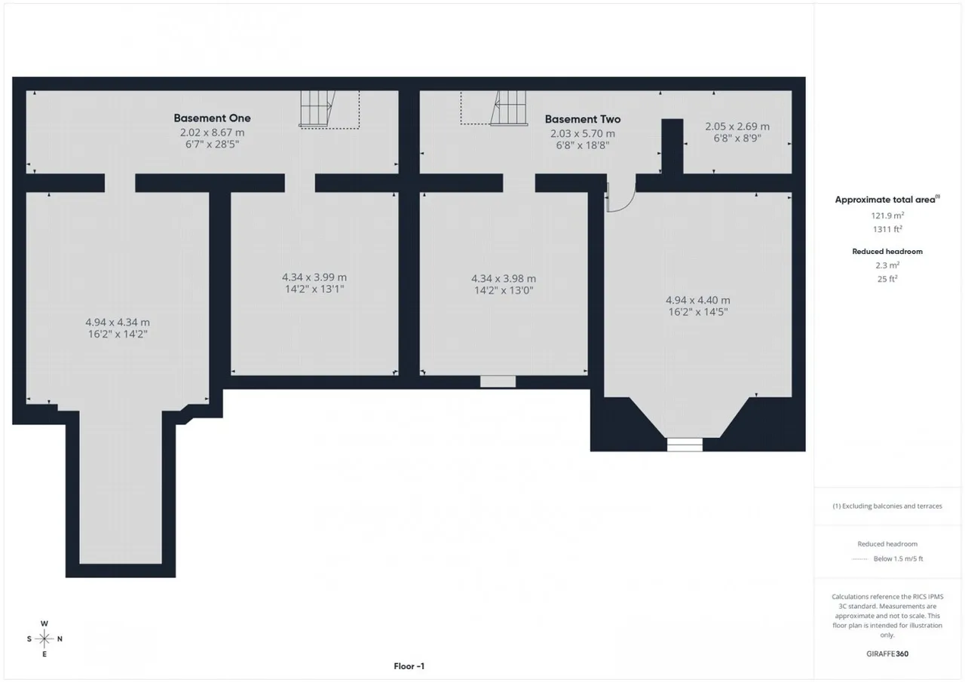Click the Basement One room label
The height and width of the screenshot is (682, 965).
(212, 118)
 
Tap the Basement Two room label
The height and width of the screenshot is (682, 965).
(583, 119)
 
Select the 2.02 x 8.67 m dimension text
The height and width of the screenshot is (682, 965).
(212, 133)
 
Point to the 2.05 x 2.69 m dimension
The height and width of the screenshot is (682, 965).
(737, 127)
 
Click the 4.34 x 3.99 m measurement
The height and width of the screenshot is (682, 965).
(314, 277)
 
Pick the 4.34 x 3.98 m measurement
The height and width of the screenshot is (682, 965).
(503, 279)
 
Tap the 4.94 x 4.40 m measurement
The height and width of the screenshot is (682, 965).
(697, 300)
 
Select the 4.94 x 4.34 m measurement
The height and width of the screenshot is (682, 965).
(117, 322)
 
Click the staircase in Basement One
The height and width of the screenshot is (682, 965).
(317, 109)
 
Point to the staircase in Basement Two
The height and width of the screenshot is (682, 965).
(509, 108)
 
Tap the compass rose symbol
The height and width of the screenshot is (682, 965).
(44, 638)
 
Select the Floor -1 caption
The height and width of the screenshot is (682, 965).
(409, 666)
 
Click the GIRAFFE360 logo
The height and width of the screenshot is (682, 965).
(887, 653)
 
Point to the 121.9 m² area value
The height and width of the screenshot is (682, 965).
(887, 216)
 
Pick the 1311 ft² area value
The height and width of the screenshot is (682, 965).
(887, 229)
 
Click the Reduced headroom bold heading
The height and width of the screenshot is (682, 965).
(887, 252)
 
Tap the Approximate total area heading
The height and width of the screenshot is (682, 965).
(887, 200)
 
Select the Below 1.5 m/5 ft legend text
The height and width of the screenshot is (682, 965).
(898, 558)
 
